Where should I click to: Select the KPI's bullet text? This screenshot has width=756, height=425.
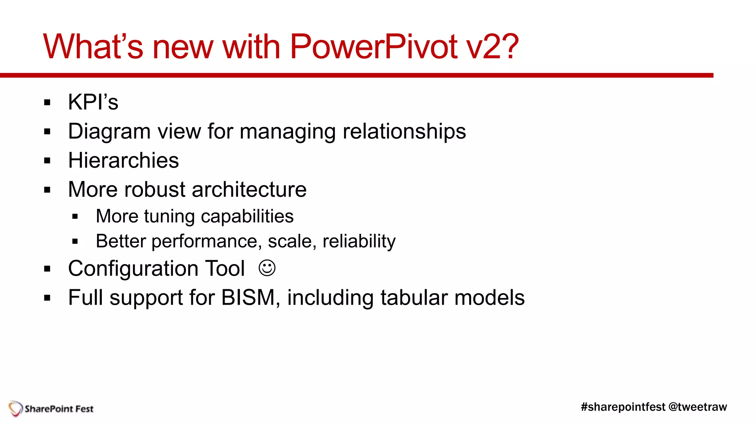tap(93, 102)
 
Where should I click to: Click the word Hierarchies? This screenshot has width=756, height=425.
tap(123, 161)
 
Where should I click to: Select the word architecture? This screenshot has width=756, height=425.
tap(249, 190)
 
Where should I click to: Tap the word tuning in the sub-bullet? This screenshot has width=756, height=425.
tap(169, 217)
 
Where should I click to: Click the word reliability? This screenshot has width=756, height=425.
tap(359, 242)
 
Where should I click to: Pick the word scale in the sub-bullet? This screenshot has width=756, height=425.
tap(292, 242)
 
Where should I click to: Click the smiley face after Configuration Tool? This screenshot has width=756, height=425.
tap(267, 268)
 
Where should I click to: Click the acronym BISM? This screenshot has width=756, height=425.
tap(248, 297)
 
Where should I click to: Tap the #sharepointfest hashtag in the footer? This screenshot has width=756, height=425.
tap(623, 407)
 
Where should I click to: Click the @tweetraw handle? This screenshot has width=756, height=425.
tap(698, 407)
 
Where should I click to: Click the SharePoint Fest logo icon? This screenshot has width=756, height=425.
tap(16, 408)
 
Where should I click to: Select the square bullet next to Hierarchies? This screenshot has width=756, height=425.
tap(47, 161)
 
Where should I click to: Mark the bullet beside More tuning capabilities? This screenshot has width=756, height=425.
tap(75, 217)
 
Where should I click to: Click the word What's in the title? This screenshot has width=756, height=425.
tap(93, 47)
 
